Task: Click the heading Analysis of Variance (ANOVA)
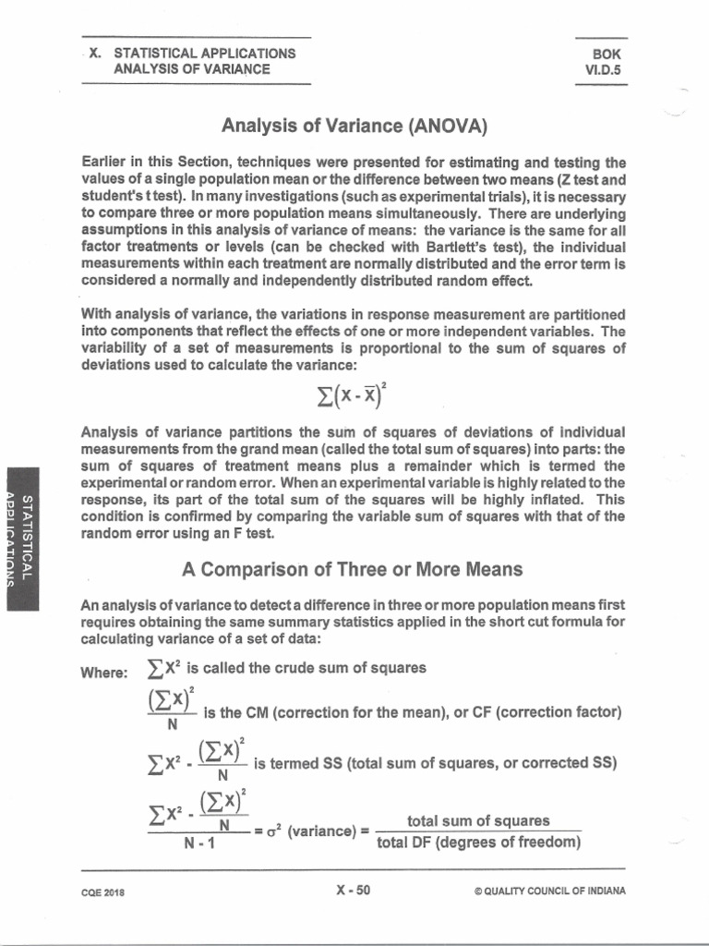pos(354,124)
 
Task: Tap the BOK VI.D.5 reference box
pos(601,62)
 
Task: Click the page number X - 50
pos(354,891)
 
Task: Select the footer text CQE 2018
pos(103,892)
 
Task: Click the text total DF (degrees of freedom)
pos(478,842)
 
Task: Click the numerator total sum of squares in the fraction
pos(478,820)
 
